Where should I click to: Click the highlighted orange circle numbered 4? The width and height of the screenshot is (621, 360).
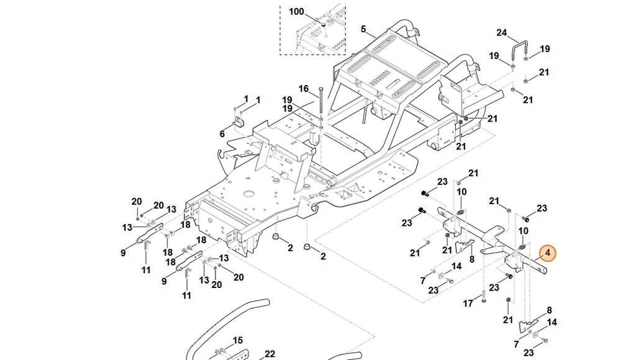coord(548,253)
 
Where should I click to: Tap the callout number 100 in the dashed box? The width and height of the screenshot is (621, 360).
coord(296,12)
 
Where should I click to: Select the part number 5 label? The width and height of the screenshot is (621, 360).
coord(363,29)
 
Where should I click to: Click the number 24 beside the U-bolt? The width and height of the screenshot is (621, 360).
coord(501,32)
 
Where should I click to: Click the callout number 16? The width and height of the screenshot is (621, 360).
coord(304,89)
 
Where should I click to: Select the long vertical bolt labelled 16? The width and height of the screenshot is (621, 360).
coord(321,103)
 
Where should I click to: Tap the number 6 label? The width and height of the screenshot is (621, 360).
coord(222,134)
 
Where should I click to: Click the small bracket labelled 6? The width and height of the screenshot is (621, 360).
coord(239,122)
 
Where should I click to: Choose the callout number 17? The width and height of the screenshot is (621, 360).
coord(468,304)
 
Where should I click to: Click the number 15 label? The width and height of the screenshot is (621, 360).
coord(238,340)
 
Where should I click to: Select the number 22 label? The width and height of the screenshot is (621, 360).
coord(270,354)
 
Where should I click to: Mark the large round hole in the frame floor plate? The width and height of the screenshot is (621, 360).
coord(249,194)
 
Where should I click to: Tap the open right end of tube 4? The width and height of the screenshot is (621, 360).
coord(545,271)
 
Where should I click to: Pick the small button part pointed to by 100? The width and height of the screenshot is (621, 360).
coord(323,25)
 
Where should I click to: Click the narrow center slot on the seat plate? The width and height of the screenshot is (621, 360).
coord(393,84)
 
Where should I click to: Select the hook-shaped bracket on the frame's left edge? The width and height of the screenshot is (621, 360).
coord(222,158)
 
